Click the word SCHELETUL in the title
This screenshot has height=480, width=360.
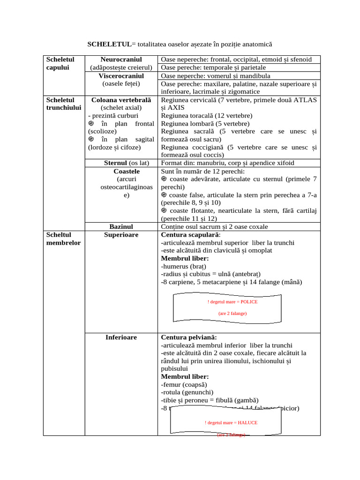pyautogui.click(x=109, y=44)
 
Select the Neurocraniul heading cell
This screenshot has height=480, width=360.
pyautogui.click(x=121, y=60)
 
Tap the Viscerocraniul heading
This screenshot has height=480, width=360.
pyautogui.click(x=121, y=76)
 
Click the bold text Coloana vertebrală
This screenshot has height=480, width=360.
pyautogui.click(x=121, y=100)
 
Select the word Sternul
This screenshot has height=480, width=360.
pyautogui.click(x=115, y=163)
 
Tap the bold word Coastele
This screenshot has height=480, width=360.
pyautogui.click(x=121, y=171)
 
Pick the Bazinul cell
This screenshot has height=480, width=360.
pyautogui.click(x=121, y=227)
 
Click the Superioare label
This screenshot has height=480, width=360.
pyautogui.click(x=121, y=235)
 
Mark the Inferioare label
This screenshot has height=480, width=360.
pyautogui.click(x=121, y=337)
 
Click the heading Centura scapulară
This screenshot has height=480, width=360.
pyautogui.click(x=190, y=235)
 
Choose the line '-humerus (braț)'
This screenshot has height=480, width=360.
pyautogui.click(x=184, y=266)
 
